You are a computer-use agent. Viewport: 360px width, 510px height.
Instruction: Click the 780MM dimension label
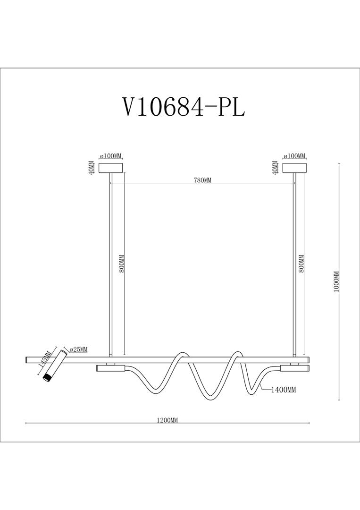202,180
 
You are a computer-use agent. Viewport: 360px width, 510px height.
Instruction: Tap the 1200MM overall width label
167,420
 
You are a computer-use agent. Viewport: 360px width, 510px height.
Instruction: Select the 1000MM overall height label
336,281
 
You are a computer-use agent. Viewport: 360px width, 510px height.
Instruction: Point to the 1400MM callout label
283,390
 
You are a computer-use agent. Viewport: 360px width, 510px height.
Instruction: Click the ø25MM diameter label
78,349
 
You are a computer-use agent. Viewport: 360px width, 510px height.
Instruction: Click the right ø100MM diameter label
294,156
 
